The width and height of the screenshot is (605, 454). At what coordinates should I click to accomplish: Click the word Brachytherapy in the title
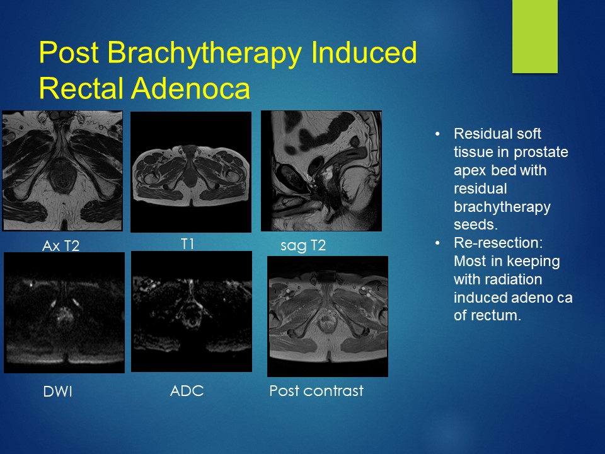(204, 53)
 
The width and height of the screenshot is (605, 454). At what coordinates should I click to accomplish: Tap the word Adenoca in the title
(190, 88)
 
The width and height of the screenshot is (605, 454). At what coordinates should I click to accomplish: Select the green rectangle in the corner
(535, 37)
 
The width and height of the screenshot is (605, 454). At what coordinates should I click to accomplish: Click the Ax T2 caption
(60, 245)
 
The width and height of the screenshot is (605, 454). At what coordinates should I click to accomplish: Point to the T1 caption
(188, 244)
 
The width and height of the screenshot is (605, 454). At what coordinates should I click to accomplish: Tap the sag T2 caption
(303, 245)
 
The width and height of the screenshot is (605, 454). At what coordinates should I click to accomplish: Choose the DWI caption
(58, 392)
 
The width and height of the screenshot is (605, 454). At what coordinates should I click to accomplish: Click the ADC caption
(187, 391)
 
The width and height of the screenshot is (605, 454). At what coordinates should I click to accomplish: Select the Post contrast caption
(316, 391)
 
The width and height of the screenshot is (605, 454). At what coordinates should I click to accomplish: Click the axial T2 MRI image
(62, 171)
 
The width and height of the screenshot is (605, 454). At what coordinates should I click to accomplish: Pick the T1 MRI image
(191, 172)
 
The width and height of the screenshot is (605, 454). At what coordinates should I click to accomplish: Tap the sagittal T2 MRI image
(321, 171)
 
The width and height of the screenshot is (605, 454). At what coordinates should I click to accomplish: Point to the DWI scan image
(64, 313)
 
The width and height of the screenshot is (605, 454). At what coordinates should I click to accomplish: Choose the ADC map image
(192, 311)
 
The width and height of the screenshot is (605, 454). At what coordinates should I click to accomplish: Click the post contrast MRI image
(328, 316)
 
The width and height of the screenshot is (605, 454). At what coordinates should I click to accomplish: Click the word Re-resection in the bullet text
(498, 243)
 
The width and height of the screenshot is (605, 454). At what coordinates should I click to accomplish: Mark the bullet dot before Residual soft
(437, 134)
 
